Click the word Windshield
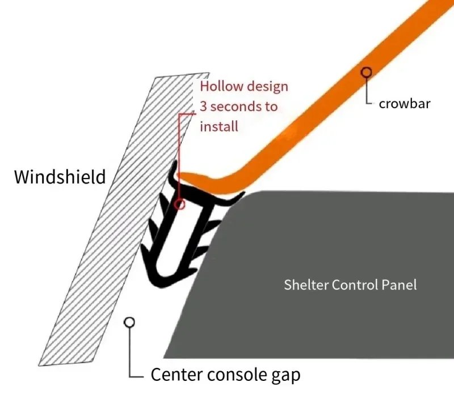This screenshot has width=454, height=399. [60, 177]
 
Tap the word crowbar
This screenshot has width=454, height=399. [405, 104]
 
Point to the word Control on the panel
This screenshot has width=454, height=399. [354, 285]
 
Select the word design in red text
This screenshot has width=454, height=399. [266, 87]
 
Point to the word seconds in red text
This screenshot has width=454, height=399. [234, 106]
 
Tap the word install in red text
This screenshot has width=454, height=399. [218, 125]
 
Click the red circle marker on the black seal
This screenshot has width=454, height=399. [180, 203]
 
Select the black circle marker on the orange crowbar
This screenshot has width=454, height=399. [367, 72]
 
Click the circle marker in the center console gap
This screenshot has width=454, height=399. [129, 322]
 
